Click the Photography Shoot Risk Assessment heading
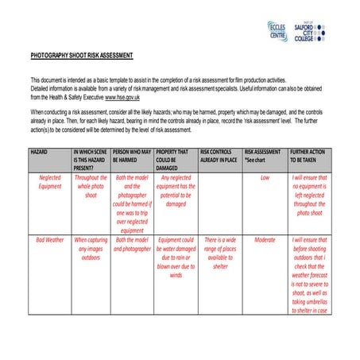pos(81,56)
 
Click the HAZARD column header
pos(40,151)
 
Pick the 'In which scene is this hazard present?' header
pos(91,159)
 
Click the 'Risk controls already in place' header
pos(219,155)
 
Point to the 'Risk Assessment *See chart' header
pos(264,155)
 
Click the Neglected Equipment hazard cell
pos(49,182)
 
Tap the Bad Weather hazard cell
pos(49,239)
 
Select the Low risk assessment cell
pos(264,178)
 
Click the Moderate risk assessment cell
pos(264,239)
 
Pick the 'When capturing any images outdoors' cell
pos(91,248)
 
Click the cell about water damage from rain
pos(176,257)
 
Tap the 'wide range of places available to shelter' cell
pos(219,253)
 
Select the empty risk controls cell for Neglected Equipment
pos(219,203)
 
